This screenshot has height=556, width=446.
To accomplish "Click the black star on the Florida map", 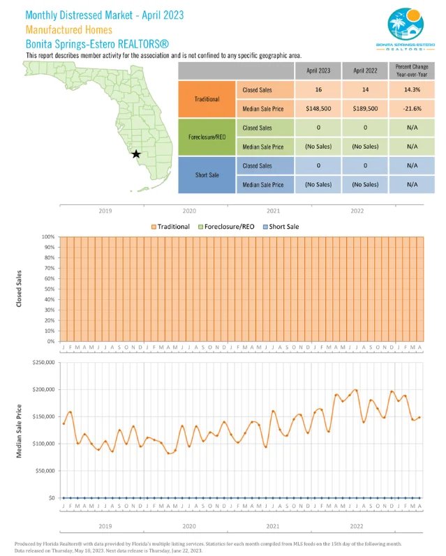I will click(136, 153).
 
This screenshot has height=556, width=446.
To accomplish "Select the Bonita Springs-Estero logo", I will click(410, 29).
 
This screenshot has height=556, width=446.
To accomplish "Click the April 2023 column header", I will click(318, 70).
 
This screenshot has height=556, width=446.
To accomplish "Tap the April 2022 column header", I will click(365, 70).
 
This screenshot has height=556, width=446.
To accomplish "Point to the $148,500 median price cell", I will click(318, 109).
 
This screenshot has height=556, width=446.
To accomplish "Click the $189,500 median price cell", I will click(365, 109).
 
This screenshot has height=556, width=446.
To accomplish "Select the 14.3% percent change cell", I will click(412, 90).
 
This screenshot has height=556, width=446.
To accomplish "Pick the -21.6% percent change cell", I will click(412, 109).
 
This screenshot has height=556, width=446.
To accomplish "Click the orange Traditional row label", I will click(207, 99).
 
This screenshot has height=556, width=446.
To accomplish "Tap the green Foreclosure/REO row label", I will click(207, 137).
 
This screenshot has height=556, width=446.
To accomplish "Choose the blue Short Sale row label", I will click(207, 175).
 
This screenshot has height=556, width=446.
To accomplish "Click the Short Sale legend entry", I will click(283, 227).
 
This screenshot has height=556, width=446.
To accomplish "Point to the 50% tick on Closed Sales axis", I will click(49, 289).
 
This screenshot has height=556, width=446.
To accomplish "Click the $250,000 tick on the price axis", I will click(43, 362).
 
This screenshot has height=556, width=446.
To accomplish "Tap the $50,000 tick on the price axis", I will click(45, 471).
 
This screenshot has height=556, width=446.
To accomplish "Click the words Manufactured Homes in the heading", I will click(68, 29).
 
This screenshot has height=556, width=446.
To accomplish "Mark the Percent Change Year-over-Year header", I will click(412, 70).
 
